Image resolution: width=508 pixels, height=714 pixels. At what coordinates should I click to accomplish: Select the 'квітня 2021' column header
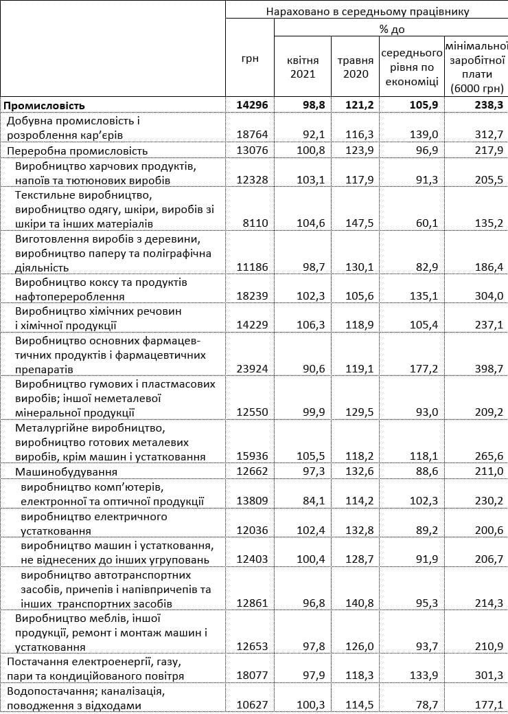pos(301,67)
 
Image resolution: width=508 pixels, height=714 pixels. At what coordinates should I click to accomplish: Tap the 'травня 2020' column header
pos(355,67)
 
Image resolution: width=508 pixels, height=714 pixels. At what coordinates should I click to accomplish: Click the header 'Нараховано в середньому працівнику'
pos(367,11)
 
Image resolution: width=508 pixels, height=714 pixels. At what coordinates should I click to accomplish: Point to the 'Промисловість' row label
pos(45,105)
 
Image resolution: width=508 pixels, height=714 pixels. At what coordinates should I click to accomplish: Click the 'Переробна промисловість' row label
pos(77,150)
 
